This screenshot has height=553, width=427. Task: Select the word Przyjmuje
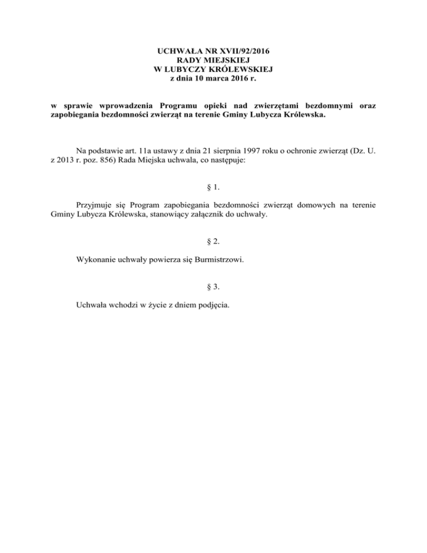pos(94,207)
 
